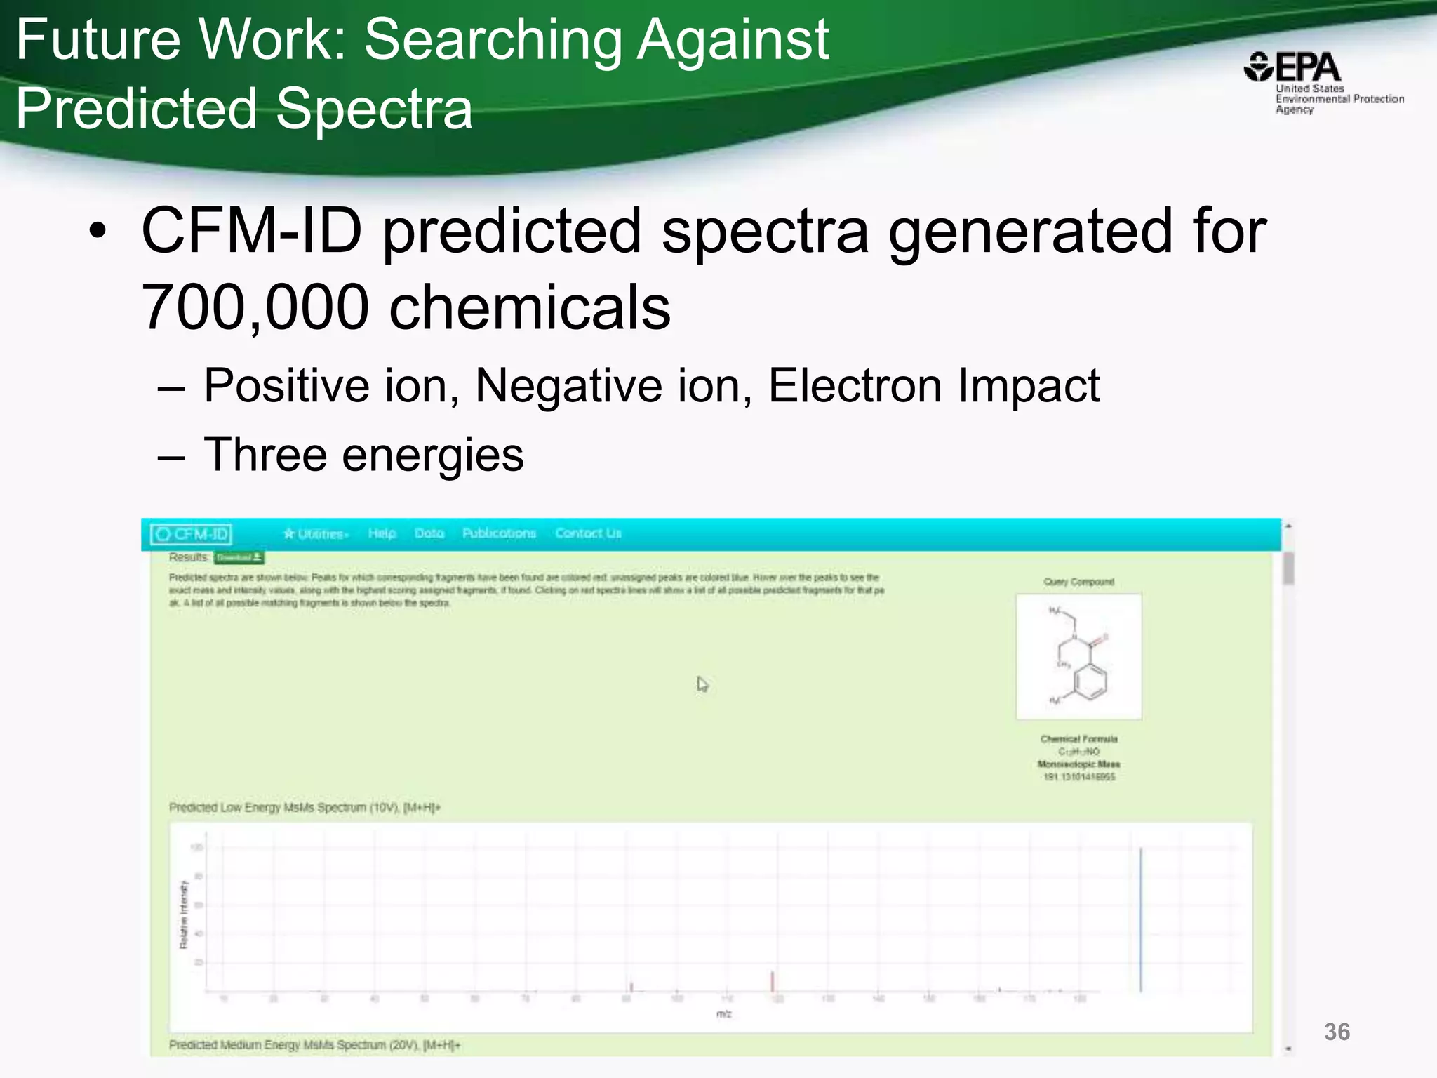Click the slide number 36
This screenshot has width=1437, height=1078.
1337,1032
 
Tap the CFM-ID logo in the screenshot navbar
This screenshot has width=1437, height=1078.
192,534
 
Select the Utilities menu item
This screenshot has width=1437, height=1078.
316,534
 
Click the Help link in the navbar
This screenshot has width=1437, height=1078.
382,533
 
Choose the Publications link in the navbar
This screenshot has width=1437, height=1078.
499,533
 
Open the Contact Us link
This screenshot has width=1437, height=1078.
588,533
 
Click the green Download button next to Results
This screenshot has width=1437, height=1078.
239,557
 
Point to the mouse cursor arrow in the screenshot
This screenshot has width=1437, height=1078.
702,684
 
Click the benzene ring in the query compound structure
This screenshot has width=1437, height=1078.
1090,681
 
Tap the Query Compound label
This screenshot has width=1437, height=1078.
1078,582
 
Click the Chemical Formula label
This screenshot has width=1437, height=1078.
1078,739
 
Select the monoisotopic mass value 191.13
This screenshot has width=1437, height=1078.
1078,777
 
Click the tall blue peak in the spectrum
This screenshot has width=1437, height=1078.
1141,919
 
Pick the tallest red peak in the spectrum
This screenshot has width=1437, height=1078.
773,981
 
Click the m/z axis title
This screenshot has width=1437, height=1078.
723,1014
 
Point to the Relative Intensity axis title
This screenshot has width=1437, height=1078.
184,914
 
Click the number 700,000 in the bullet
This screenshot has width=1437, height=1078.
255,307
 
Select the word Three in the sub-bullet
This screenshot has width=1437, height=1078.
265,455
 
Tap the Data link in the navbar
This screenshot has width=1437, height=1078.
429,533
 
